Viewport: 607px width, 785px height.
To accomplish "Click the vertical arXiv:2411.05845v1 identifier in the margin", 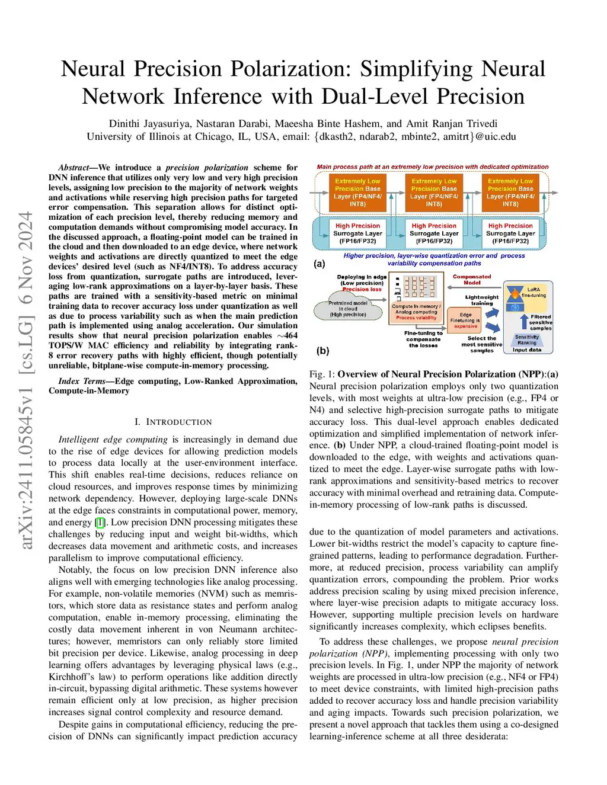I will (x=26, y=380).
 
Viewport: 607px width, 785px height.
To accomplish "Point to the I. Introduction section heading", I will (x=173, y=422).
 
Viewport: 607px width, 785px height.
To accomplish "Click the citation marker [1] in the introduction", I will (x=101, y=522).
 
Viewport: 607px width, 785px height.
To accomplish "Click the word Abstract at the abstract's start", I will (x=74, y=168).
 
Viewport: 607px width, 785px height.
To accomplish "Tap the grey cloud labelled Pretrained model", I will (x=348, y=309).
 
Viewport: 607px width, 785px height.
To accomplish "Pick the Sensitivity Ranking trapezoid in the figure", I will (x=526, y=340).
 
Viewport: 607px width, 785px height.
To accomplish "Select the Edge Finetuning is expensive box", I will (x=465, y=320).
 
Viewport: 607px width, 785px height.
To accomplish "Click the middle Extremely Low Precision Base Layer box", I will (x=434, y=193).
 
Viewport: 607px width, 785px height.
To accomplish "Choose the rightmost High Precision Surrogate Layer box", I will (x=510, y=233).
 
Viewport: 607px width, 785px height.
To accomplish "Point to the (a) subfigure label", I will (x=320, y=264).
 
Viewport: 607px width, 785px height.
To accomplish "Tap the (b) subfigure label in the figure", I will (x=322, y=350).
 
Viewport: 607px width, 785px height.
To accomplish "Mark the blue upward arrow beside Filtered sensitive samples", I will (x=524, y=321).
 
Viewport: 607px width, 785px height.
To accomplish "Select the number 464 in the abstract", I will (x=290, y=335).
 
